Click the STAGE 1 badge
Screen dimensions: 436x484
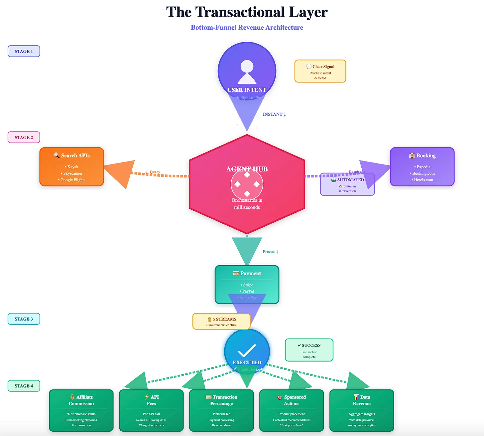[x=24, y=52]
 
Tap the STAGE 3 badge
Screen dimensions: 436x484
[x=24, y=319]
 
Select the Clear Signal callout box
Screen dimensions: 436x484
[x=320, y=71]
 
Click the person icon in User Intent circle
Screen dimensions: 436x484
[x=247, y=71]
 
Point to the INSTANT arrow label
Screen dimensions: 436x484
[x=274, y=114]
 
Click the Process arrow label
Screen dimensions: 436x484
[x=270, y=252]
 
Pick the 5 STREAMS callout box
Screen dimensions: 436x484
[x=221, y=321]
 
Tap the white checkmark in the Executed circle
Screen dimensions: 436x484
[x=247, y=350]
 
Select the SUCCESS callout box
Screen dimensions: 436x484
[x=309, y=350]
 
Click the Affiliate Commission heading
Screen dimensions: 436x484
[x=81, y=400]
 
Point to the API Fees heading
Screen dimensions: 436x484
[x=151, y=400]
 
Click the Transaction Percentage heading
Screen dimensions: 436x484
[x=221, y=400]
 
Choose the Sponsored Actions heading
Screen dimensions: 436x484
[x=292, y=400]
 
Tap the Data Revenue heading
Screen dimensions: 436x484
[x=362, y=400]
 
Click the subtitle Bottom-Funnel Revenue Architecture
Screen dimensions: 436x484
[x=247, y=28]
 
